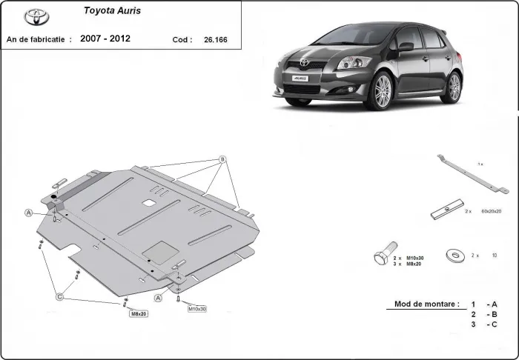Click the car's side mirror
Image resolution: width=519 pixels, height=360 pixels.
click(406, 47)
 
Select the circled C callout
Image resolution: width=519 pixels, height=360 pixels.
click(60, 297)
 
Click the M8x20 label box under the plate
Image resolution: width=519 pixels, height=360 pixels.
click(139, 313)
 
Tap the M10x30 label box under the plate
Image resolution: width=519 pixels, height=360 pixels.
click(196, 307)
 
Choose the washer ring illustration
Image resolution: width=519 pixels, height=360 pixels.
click(452, 255)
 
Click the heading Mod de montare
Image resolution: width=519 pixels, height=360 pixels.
click(422, 304)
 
